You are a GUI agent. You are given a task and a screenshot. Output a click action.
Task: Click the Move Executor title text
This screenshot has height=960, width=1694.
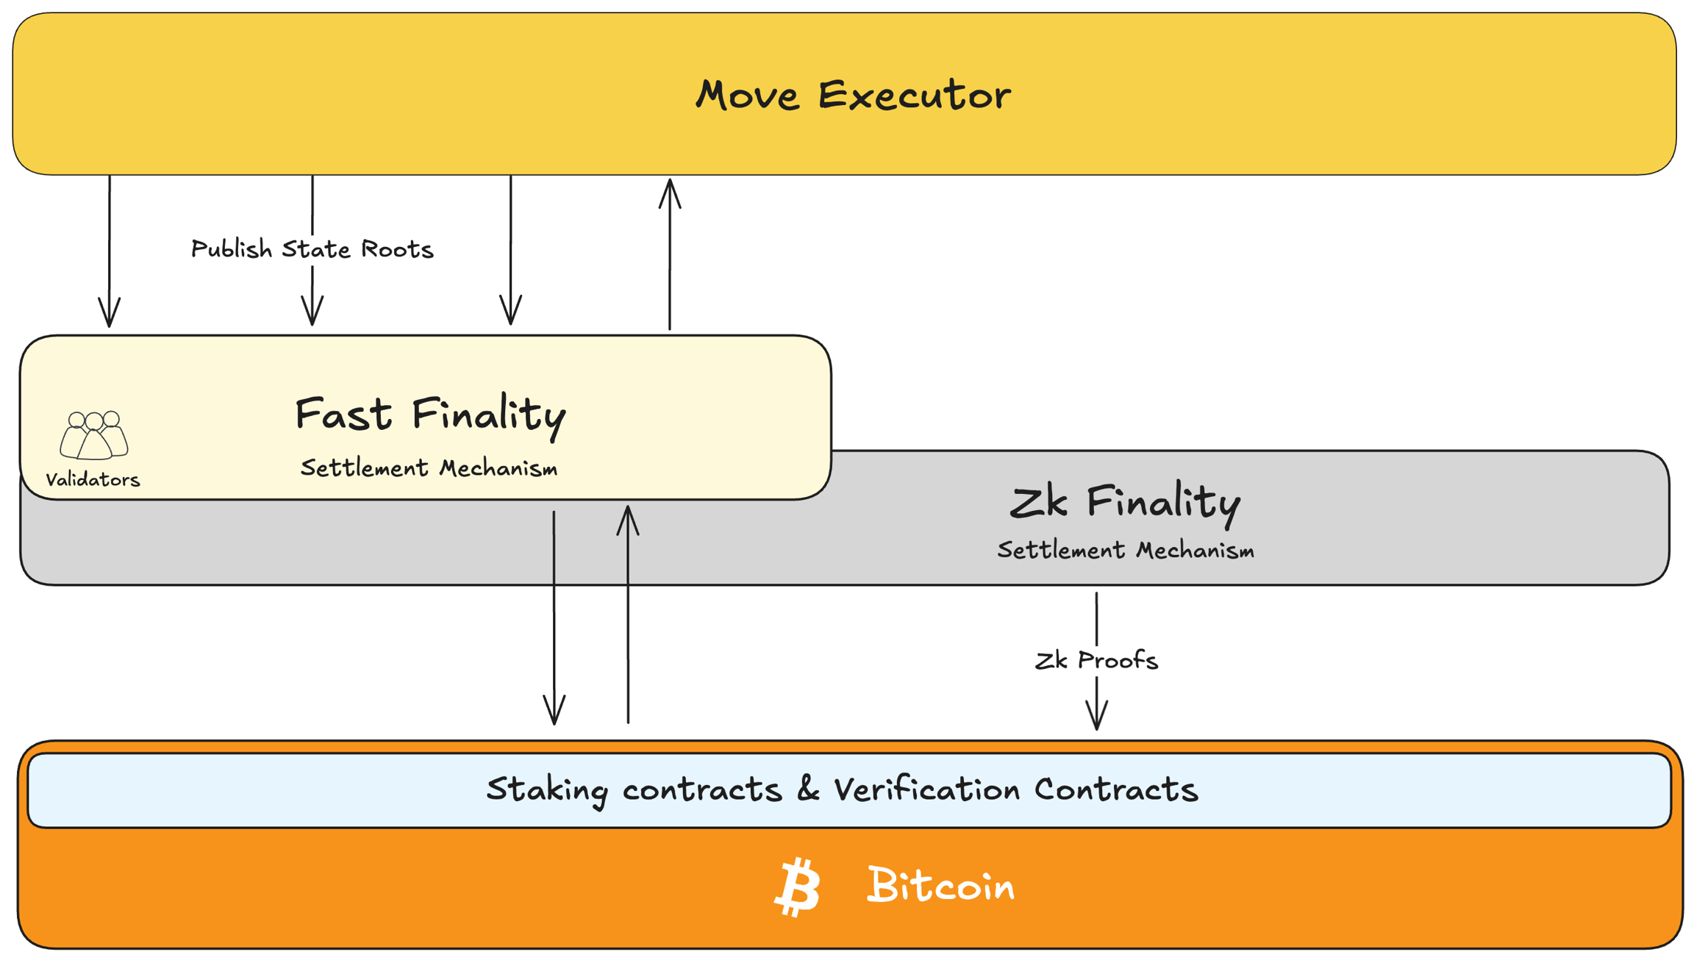click(853, 96)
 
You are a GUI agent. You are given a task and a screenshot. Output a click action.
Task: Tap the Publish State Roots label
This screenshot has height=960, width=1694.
click(312, 249)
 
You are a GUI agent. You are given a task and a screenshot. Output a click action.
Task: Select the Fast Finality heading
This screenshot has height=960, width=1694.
click(430, 414)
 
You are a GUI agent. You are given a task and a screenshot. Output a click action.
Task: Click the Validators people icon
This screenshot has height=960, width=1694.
click(94, 435)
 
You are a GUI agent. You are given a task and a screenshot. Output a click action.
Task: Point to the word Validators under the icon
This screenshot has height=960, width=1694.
click(93, 480)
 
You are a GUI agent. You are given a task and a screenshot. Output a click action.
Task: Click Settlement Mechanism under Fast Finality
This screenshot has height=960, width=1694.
click(429, 468)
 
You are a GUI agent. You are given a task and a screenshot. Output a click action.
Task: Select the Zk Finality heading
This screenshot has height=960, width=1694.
click(1125, 503)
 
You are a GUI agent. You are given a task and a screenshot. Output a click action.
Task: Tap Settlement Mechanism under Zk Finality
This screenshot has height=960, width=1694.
click(1125, 551)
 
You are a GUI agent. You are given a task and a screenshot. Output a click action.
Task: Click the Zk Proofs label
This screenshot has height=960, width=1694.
click(1096, 660)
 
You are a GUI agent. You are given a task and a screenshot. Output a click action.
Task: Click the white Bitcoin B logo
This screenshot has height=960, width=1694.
click(798, 886)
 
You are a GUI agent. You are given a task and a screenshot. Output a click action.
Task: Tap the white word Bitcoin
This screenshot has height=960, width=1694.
click(941, 886)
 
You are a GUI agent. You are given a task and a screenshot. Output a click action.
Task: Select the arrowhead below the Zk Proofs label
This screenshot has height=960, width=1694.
click(1096, 714)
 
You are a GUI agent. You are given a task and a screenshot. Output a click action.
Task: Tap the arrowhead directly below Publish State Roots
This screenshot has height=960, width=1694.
click(312, 310)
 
